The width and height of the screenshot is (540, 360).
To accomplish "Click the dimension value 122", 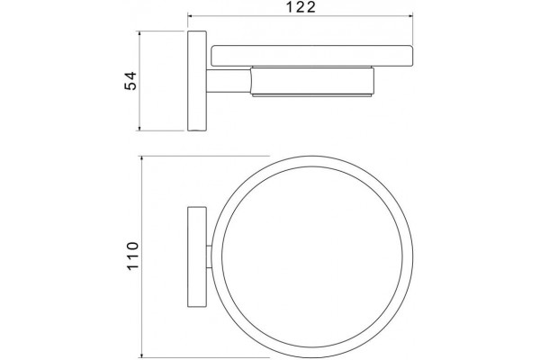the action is pos(301,7).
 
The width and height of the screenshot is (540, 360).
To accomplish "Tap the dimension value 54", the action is pos(130,81).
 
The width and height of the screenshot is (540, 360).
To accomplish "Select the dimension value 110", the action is pos(133,256).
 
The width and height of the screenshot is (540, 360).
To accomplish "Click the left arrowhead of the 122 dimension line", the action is pos(190,15).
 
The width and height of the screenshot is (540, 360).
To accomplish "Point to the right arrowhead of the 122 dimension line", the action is pos(410,15).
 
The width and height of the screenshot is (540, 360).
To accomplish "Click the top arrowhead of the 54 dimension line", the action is pos(139,33).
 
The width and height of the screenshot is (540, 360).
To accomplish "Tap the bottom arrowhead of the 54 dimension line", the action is pos(139,128).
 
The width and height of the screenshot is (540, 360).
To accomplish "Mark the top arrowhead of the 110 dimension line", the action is pos(141,158).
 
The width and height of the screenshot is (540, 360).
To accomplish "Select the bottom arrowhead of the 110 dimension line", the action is pos(141,355).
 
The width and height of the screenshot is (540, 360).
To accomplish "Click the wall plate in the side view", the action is pos(197,81).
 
